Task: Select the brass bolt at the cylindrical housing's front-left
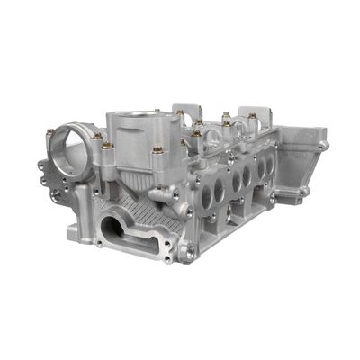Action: coord(108,144)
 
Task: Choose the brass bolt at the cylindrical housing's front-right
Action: coord(158,149)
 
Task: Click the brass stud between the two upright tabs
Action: coord(226,116)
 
